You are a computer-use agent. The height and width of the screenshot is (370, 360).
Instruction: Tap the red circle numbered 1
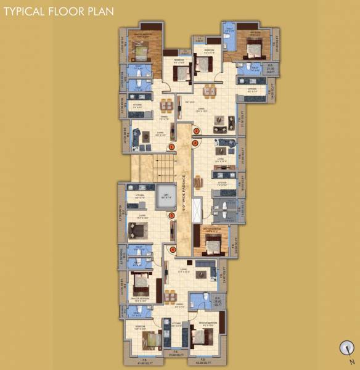pos(173,146)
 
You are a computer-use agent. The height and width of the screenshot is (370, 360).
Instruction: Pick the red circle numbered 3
pos(195,143)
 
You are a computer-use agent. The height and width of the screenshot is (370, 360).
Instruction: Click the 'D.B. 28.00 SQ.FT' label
pos(218,303)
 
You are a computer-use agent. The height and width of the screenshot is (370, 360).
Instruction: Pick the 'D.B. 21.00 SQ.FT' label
pos(269,68)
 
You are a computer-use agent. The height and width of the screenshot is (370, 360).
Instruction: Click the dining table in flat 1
pos(164,104)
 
